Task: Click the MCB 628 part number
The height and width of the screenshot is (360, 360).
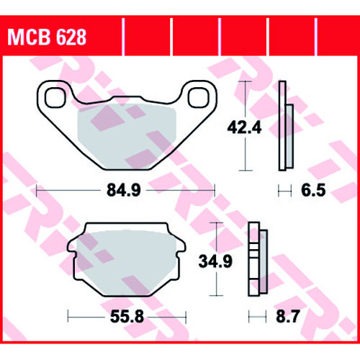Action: click(47, 37)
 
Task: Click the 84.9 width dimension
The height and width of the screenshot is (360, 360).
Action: click(124, 190)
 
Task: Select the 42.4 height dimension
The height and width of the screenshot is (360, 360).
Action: click(244, 127)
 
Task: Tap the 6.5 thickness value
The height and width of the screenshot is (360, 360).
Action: click(313, 190)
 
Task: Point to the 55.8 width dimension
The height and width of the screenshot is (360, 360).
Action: click(127, 316)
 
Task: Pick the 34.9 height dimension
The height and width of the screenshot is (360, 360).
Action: click(215, 261)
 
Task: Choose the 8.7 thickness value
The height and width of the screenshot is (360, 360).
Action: click(288, 316)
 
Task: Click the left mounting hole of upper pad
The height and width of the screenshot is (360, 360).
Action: click(55, 97)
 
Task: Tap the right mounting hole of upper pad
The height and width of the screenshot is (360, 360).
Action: click(199, 97)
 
